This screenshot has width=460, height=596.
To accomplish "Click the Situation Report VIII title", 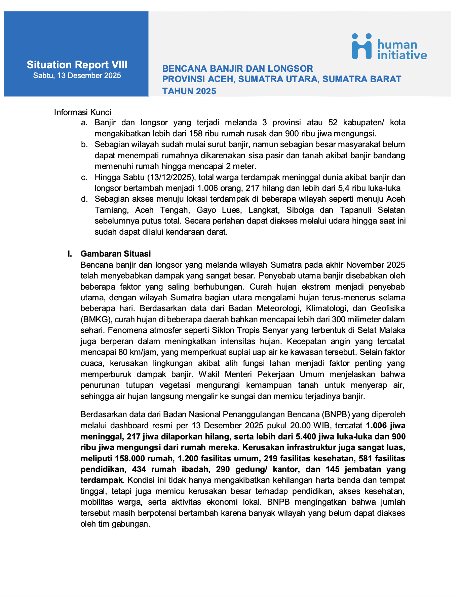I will (77, 65).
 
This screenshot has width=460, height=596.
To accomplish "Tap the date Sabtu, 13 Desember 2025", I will (77, 76).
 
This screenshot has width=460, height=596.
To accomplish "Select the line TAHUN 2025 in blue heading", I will (189, 91).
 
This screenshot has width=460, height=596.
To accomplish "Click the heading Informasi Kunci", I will (82, 112).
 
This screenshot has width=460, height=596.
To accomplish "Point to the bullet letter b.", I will (84, 144).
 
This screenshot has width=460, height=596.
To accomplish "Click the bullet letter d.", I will (84, 199).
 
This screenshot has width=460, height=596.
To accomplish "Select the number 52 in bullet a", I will (333, 123).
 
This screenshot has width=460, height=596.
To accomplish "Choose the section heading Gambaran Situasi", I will (115, 254).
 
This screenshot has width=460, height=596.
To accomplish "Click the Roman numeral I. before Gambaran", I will (70, 254).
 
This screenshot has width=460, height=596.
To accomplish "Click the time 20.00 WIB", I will (310, 426).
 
